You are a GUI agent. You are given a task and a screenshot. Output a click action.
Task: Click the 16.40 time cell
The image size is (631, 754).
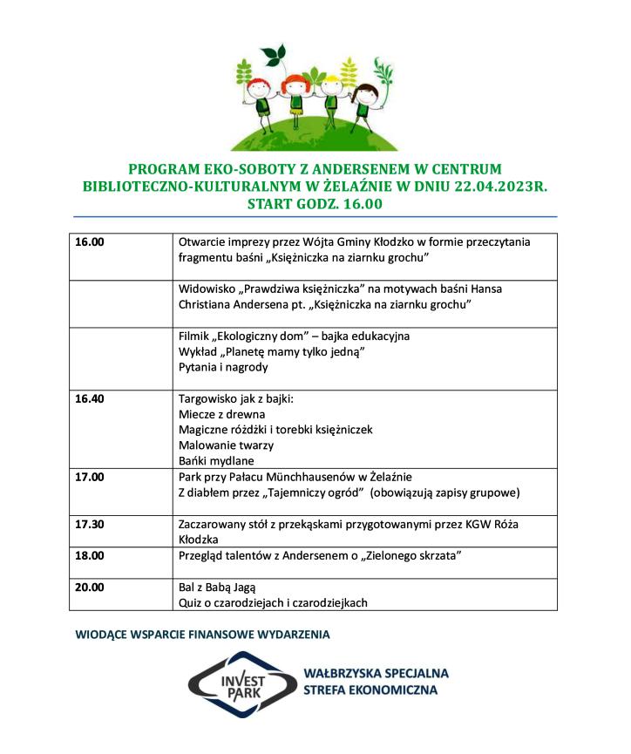pos(90,399)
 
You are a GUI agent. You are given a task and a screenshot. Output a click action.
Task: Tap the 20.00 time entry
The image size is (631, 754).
pos(90,587)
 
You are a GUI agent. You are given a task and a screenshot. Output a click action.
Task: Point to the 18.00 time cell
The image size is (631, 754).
pos(90,554)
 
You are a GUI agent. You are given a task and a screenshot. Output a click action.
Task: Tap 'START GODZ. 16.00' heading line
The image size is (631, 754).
pos(315,204)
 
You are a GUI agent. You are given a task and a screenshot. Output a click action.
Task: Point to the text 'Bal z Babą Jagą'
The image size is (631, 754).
pos(217,587)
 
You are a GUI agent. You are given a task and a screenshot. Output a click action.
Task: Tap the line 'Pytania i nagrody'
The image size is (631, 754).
pos(223,367)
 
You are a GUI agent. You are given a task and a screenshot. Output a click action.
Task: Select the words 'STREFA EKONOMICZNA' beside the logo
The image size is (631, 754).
pos(370,690)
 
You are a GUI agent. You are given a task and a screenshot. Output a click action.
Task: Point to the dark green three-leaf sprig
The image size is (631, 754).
pos(275,54)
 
